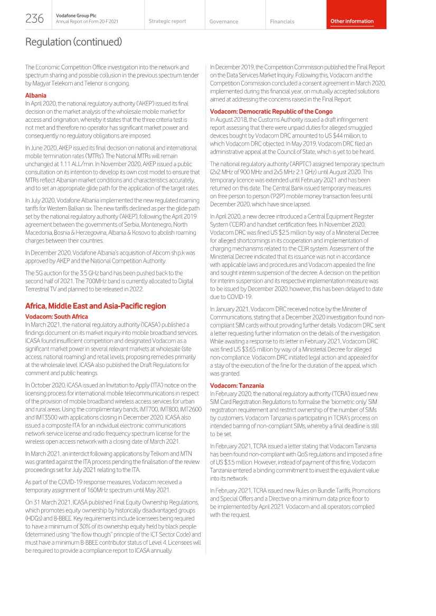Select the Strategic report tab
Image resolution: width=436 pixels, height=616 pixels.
pos(167,21)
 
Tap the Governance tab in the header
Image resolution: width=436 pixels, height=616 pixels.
pos(223,22)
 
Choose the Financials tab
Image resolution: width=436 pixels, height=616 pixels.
pos(282,22)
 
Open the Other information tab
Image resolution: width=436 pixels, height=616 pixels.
pos(352,21)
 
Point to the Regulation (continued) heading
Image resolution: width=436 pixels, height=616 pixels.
pos(73,42)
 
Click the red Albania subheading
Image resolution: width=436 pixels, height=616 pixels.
pos(36,95)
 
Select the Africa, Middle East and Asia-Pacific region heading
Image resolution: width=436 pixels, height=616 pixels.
pos(96,306)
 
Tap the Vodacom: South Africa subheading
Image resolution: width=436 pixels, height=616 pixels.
pos(56,316)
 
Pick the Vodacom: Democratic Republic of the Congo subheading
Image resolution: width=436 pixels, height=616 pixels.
pos(271,111)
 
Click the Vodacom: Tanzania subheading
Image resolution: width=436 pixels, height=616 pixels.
pos(237,386)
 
